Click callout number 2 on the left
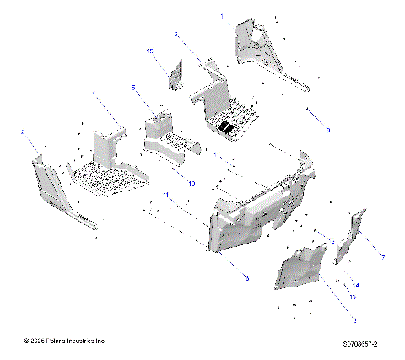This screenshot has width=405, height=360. (x=24, y=132)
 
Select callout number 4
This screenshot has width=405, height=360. (x=94, y=93)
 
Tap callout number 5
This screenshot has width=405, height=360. (x=133, y=87)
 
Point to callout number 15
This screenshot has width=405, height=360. (x=150, y=51)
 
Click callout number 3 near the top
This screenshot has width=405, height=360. (x=175, y=34)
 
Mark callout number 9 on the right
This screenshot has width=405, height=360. (x=328, y=130)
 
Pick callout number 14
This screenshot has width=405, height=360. (x=356, y=286)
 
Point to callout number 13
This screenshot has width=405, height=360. (x=353, y=298)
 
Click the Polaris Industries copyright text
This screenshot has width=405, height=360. (x=66, y=341)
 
